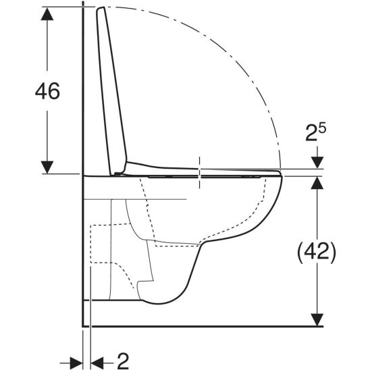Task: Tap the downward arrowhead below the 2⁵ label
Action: tap(316, 163)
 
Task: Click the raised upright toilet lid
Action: tap(113, 88)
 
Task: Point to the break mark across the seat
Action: tap(201, 172)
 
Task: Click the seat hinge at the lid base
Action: tap(120, 173)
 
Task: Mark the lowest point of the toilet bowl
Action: tap(159, 302)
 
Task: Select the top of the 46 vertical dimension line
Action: tap(45, 8)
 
